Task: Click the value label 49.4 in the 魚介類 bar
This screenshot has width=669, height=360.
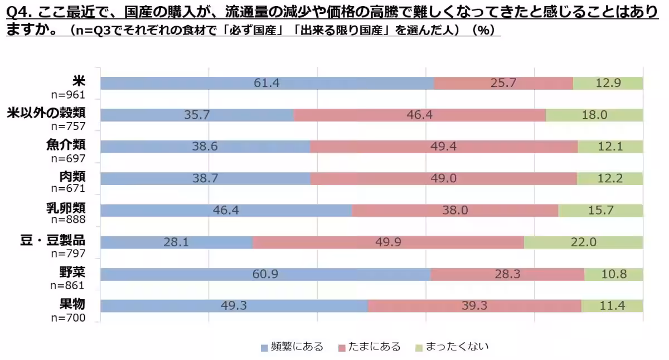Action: pyautogui.click(x=443, y=147)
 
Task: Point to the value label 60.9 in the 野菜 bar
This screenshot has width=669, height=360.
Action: pyautogui.click(x=265, y=274)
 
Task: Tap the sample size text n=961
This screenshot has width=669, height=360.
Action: pyautogui.click(x=67, y=95)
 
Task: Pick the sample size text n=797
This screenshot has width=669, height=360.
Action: pyautogui.click(x=67, y=254)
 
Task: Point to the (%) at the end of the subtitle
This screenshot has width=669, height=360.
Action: pyautogui.click(x=483, y=31)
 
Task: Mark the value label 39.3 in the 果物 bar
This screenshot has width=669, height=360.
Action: pyautogui.click(x=474, y=306)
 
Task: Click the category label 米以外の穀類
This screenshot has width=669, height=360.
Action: pyautogui.click(x=46, y=113)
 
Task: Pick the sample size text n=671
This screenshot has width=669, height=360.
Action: pyautogui.click(x=67, y=189)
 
